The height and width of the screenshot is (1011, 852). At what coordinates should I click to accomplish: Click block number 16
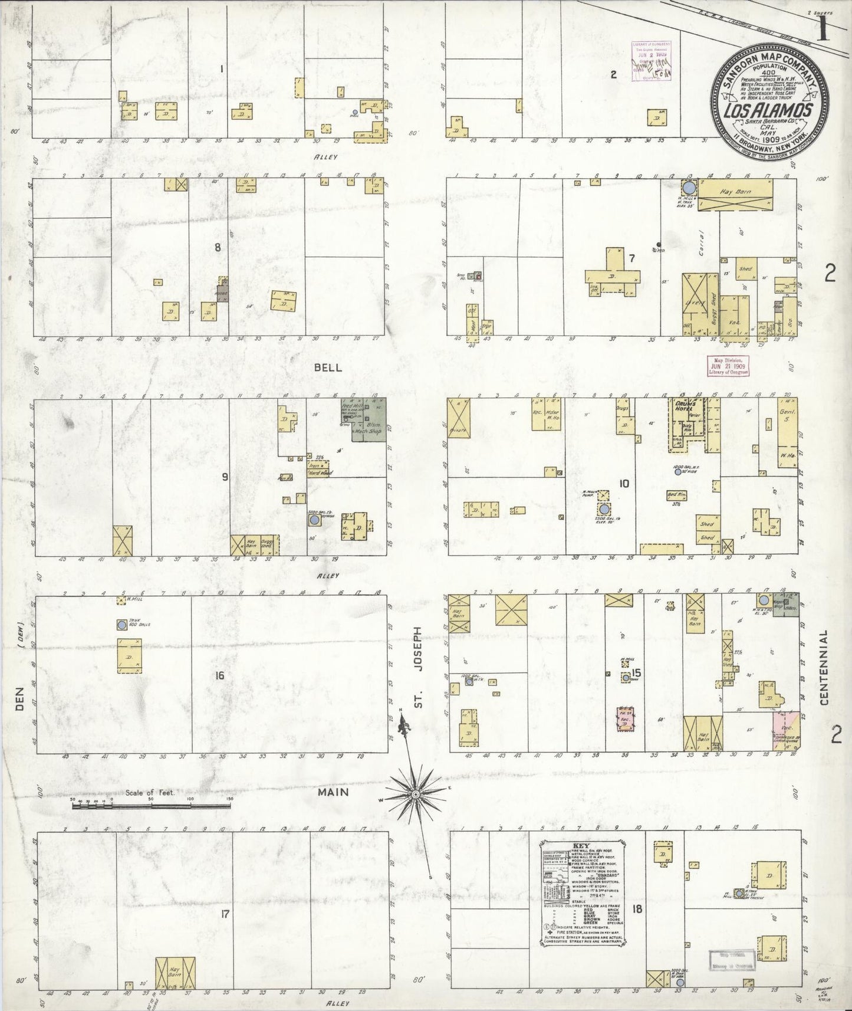coord(219,675)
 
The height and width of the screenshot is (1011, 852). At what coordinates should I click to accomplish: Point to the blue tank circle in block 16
coord(121,625)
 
